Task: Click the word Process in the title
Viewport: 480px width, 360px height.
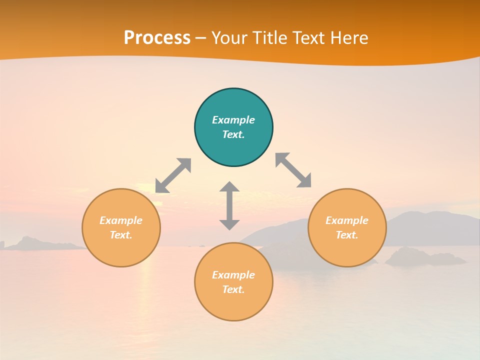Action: [x=157, y=38]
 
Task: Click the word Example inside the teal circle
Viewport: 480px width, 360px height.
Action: [x=233, y=120]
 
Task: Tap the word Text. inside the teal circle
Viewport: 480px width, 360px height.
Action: [x=233, y=134]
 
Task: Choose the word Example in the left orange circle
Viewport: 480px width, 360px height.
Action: [x=121, y=220]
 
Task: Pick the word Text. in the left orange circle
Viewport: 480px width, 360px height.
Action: [x=121, y=235]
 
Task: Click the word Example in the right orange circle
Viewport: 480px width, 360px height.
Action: [x=347, y=220]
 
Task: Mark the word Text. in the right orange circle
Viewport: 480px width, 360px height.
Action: [x=347, y=235]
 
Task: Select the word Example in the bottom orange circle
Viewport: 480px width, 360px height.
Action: [x=233, y=275]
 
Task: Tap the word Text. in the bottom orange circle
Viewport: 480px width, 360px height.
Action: [x=233, y=289]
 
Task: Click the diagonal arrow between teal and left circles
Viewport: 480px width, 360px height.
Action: [x=173, y=175]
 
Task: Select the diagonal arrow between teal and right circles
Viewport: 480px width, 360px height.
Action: [x=293, y=170]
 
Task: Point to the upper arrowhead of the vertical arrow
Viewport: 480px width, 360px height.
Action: [x=229, y=187]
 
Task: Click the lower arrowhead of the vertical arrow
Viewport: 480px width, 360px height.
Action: [x=229, y=224]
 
